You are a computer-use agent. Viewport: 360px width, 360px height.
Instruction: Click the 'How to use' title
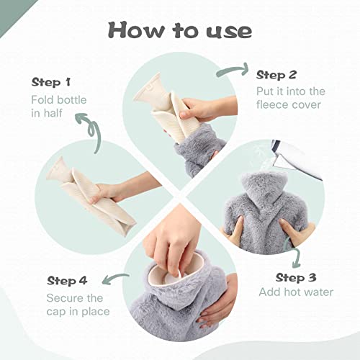pyautogui.click(x=180, y=30)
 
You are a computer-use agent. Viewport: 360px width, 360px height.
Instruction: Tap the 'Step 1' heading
pyautogui.click(x=51, y=82)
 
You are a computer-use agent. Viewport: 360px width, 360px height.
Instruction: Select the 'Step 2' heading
pyautogui.click(x=276, y=75)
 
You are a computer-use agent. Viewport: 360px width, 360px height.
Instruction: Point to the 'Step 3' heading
pyautogui.click(x=296, y=278)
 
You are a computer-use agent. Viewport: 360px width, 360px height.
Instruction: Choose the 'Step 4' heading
pyautogui.click(x=67, y=281)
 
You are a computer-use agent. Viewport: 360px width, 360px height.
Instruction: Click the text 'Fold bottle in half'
pyautogui.click(x=59, y=107)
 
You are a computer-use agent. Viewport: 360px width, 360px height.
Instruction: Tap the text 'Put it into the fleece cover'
pyautogui.click(x=291, y=98)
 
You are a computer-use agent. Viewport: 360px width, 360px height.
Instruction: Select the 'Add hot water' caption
pyautogui.click(x=296, y=292)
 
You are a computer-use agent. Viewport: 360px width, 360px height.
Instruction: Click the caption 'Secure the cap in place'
pyautogui.click(x=78, y=305)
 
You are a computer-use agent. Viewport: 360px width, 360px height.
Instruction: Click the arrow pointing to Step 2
pyautogui.click(x=233, y=70)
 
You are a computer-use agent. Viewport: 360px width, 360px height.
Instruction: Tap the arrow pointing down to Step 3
pyautogui.click(x=297, y=252)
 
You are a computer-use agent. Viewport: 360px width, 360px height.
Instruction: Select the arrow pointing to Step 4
pyautogui.click(x=115, y=279)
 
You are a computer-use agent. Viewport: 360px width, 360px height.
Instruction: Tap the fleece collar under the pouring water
pyautogui.click(x=264, y=189)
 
